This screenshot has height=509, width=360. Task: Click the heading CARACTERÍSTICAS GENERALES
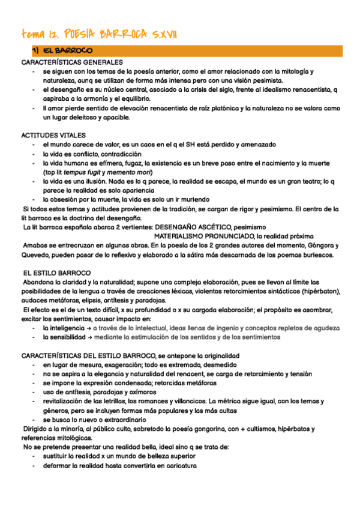[72, 62]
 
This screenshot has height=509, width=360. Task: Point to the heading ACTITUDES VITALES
[53, 136]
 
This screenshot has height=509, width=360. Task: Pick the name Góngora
[320, 245]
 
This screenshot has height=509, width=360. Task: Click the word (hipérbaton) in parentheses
[319, 291]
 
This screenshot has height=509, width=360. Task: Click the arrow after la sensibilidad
[90, 337]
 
